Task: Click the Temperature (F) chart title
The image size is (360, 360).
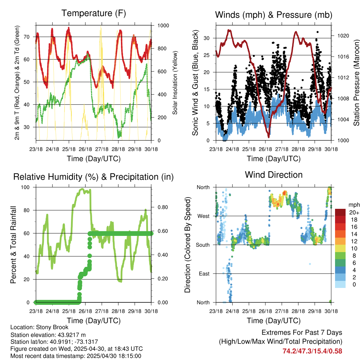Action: pyautogui.click(x=94, y=13)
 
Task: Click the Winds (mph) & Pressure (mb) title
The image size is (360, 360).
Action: pyautogui.click(x=274, y=15)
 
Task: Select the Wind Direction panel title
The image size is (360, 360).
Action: pyautogui.click(x=274, y=175)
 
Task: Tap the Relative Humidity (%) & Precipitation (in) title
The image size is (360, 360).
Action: pyautogui.click(x=94, y=177)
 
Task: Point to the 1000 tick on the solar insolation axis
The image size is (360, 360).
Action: pyautogui.click(x=163, y=25)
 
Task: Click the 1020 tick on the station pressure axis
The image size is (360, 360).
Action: pyautogui.click(x=343, y=36)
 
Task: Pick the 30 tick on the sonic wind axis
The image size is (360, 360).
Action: pyautogui.click(x=206, y=38)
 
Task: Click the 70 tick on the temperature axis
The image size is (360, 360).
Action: pyautogui.click(x=27, y=37)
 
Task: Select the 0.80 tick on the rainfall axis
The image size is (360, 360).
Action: pyautogui.click(x=163, y=207)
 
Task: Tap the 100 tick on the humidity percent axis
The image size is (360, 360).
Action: pyautogui.click(x=25, y=187)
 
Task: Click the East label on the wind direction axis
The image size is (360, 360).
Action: pyautogui.click(x=204, y=274)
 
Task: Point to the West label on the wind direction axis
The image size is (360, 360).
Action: pyautogui.click(x=204, y=216)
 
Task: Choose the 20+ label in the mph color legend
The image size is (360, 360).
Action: pyautogui.click(x=354, y=212)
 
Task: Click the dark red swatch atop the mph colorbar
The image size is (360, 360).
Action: pyautogui.click(x=340, y=212)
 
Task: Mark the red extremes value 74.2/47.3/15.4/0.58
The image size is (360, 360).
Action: pyautogui.click(x=312, y=351)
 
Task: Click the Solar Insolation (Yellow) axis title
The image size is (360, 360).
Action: pyautogui.click(x=175, y=83)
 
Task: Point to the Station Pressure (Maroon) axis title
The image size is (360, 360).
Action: pyautogui.click(x=356, y=83)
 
